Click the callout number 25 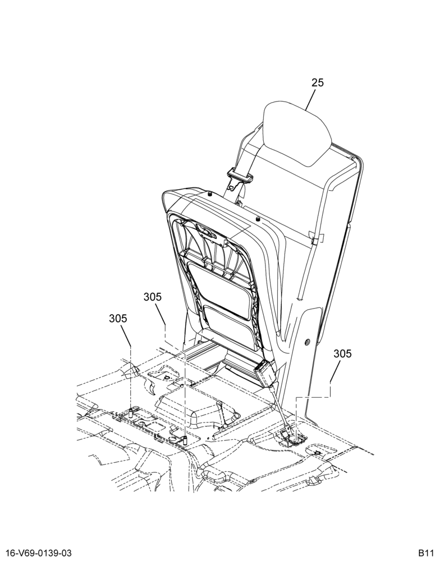tap(317, 82)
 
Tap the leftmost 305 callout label tap(118, 319)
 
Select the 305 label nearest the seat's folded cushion tap(153, 297)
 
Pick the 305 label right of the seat tap(342, 354)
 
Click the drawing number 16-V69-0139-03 tap(36, 554)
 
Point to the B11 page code tap(425, 554)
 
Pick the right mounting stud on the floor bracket tap(185, 440)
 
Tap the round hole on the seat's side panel tap(306, 342)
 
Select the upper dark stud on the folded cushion tap(209, 194)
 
